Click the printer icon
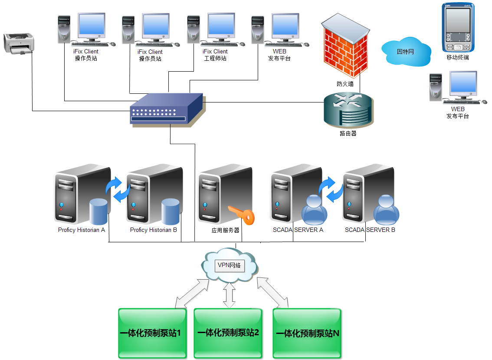[x=19, y=43]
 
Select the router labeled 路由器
[x=348, y=110]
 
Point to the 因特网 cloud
[x=406, y=52]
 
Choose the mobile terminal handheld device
[x=458, y=27]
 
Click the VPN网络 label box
[x=230, y=265]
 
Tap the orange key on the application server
[x=241, y=216]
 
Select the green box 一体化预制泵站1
[x=152, y=334]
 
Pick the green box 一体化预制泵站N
[x=307, y=334]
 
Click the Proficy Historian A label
[x=82, y=230]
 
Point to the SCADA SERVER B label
[x=370, y=230]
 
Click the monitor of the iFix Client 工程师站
[x=220, y=25]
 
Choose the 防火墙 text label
[x=345, y=84]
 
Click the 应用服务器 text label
[x=226, y=230]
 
